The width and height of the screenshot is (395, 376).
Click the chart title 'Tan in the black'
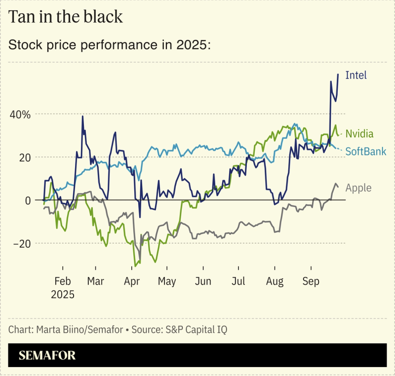coord(66,16)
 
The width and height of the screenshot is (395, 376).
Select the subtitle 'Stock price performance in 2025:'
coord(110,45)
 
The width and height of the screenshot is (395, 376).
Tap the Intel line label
coord(356,75)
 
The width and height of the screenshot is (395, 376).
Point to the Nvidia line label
coord(359,134)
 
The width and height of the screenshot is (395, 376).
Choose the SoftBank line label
coord(365,151)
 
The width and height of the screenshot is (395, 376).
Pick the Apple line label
coord(358,188)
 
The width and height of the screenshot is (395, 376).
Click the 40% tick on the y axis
coord(20,114)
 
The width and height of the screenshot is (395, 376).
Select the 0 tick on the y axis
coord(28,200)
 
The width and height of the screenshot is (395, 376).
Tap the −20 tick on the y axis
coord(22,243)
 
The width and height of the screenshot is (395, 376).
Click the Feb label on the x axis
coord(62,281)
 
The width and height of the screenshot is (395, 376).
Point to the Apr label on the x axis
coord(131,281)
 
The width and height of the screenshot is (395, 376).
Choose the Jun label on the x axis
coord(203,281)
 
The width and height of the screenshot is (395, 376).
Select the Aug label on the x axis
coord(275,281)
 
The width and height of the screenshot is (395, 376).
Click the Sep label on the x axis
coord(311,281)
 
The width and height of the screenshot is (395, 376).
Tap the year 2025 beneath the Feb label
coord(62,295)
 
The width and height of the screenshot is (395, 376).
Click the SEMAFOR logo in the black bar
coord(47,355)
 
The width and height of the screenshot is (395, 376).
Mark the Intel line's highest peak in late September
coord(338,74)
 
